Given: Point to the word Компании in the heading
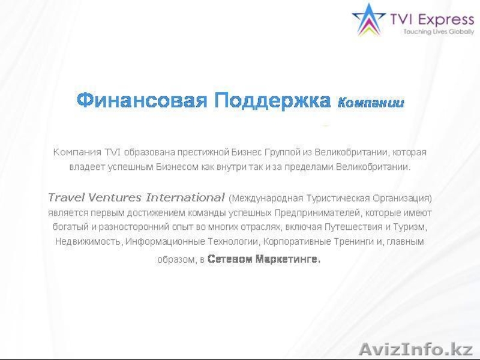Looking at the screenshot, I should point(371,103).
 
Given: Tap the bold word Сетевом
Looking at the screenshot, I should point(230,260).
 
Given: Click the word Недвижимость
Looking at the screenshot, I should point(89,242).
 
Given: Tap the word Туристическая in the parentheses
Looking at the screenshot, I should point(324,197).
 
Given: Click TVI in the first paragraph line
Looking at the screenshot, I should point(113,152).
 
